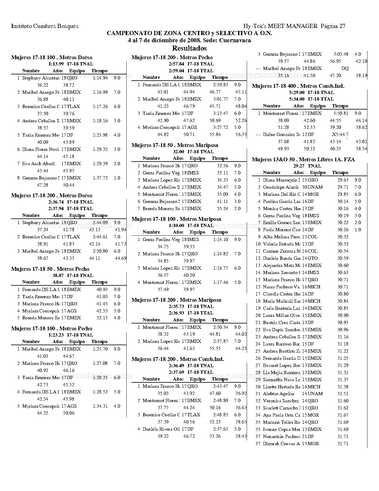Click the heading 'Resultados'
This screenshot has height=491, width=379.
tap(189, 48)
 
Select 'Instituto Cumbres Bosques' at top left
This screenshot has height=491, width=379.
tap(45, 26)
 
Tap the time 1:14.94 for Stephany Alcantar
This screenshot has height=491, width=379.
tap(100, 78)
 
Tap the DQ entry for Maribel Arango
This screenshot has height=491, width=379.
tap(345, 68)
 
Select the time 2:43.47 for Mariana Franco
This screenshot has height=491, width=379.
tap(221, 386)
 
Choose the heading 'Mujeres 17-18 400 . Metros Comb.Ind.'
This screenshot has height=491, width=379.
tap(298, 86)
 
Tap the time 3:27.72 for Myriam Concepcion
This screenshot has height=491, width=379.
tap(221, 127)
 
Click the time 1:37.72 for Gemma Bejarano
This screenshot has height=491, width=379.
tap(100, 178)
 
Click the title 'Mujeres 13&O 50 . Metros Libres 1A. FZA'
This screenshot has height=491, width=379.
tap(303, 160)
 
